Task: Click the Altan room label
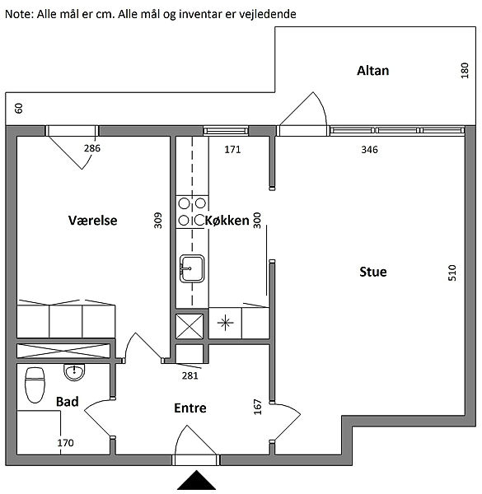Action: point(372,71)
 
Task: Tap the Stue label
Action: point(373,272)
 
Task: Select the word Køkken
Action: point(227,220)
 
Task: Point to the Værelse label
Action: point(92,220)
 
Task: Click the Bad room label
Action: point(67,402)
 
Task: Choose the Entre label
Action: point(190,408)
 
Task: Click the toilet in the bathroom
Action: point(35,385)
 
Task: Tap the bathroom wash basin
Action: point(74,372)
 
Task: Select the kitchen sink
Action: point(192,268)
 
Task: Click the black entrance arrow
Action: point(196,480)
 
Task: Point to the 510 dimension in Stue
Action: point(452,273)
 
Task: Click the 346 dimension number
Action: point(369,150)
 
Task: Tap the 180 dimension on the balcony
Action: point(465,71)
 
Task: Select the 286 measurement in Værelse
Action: point(92,148)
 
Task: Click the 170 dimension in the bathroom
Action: point(65,443)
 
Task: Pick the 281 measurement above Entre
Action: point(190,375)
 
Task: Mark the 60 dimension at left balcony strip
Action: point(19,108)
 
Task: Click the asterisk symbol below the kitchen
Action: point(226,323)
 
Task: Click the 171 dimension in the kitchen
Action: point(232,149)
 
